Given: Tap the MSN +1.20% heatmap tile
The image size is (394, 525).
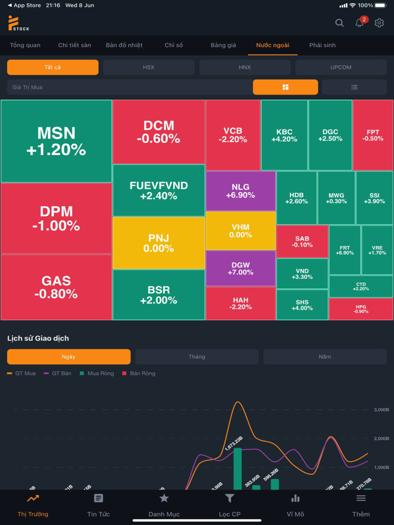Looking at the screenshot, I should coord(56,141).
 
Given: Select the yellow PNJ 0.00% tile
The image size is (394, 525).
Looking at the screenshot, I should coord(159,243).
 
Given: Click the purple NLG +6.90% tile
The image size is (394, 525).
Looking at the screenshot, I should coord(240,191).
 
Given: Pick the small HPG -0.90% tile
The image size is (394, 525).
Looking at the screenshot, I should coord(361,309).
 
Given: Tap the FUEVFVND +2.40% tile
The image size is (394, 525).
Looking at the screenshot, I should coord(159,191).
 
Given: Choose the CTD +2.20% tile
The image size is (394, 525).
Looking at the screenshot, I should coord(361,286).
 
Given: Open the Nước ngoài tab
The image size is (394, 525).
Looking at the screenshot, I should coord(272,45).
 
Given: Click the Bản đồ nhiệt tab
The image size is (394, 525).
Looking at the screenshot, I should coord(124,45).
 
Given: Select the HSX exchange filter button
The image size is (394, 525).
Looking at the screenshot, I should coord(149,67).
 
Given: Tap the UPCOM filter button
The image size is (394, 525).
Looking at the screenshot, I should coord(341,67).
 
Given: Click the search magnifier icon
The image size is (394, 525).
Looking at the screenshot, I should coord(339,23).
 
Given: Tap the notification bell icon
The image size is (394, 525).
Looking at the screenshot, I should coord(359,23).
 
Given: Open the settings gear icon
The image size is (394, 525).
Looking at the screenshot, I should coord(379,23).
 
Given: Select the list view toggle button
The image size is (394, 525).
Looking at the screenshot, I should coord(354,87).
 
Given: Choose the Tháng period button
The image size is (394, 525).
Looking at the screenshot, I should coord(196,357).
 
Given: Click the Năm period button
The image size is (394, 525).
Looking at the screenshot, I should coord(325,357).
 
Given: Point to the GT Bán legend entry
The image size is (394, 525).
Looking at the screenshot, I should coord(58,373).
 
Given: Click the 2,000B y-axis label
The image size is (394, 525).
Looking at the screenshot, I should coord(382,438).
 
